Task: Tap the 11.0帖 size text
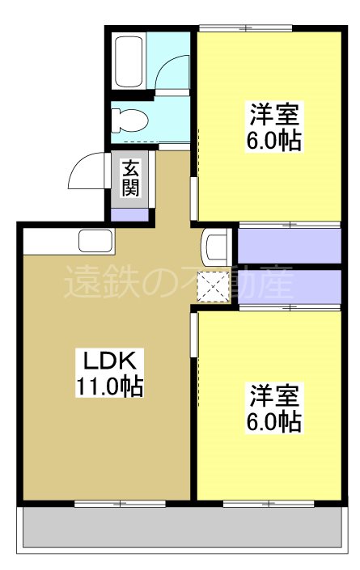[x=109, y=386]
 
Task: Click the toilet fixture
[x=130, y=121]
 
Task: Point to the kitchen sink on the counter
[x=95, y=240]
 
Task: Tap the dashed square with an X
[x=216, y=286]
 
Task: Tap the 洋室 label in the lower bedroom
[x=274, y=396]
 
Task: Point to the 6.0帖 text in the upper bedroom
[x=274, y=141]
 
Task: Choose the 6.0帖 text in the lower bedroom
[x=274, y=421]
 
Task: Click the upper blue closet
[x=290, y=245]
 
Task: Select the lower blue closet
[x=290, y=285]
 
